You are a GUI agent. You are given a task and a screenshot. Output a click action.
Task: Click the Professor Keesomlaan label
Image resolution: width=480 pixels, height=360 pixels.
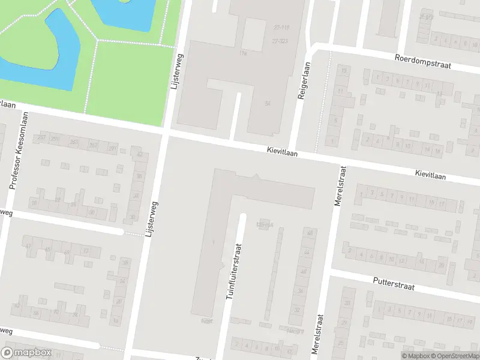click(19, 152)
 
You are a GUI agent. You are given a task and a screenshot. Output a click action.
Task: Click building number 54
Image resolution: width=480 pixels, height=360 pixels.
click(268, 104)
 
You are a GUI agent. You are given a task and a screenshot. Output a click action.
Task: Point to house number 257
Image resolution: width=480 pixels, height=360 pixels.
click(41, 138)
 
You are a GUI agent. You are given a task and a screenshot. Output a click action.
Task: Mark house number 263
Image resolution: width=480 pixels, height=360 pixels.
click(73, 142)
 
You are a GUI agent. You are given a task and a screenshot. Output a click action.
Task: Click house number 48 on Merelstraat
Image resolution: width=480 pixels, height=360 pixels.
click(310, 233)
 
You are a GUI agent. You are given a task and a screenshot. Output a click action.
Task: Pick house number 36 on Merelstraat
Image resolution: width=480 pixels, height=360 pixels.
click(300, 291)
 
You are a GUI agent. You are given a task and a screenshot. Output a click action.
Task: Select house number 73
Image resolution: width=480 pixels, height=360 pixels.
click(85, 251)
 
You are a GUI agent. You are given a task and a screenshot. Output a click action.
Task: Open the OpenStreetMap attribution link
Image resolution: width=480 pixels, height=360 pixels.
click(457, 355)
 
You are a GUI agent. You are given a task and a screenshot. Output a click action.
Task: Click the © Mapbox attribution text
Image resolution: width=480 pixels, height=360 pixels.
click(414, 355)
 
